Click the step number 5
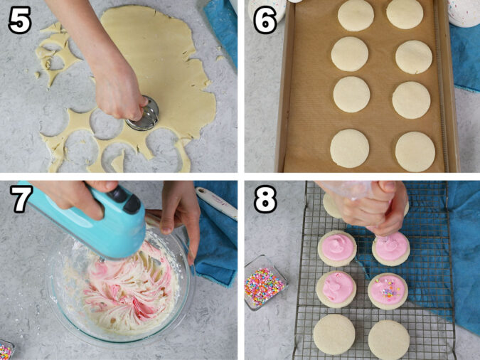pyautogui.click(x=19, y=21)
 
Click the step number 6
pyautogui.click(x=265, y=21)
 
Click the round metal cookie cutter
pyautogui.click(x=143, y=115)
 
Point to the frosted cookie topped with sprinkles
pyautogui.click(x=388, y=290)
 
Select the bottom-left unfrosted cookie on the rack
pyautogui.click(x=334, y=334)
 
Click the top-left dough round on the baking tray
pyautogui.click(x=356, y=15)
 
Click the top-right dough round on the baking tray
pyautogui.click(x=405, y=14)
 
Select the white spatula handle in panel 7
pyautogui.click(x=216, y=203)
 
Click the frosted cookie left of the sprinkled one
pyautogui.click(x=336, y=288)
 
